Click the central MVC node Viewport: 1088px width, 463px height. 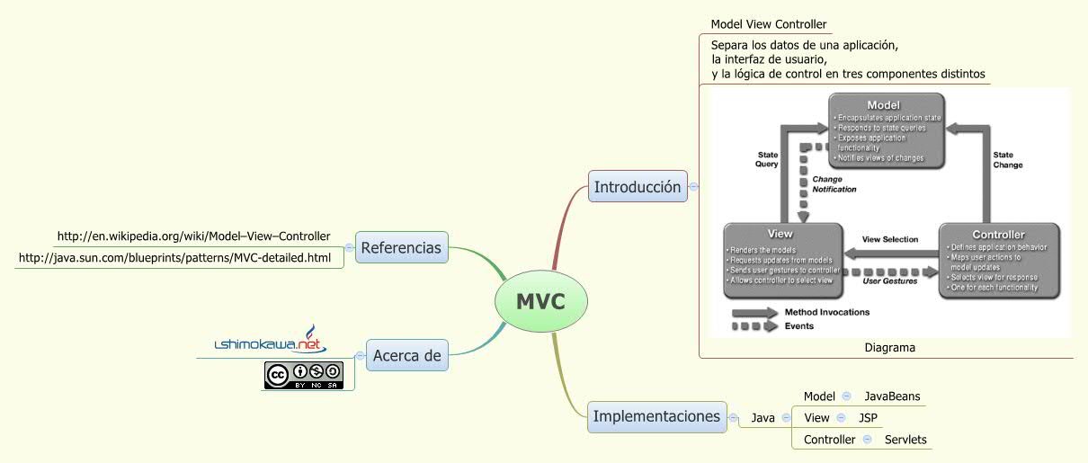[540, 302]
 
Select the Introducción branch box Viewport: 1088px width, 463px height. [637, 187]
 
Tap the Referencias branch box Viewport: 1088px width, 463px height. [401, 247]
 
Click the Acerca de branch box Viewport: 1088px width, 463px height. [407, 355]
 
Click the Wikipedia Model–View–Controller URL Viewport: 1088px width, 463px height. [193, 236]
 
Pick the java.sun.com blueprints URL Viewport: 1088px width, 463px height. [174, 258]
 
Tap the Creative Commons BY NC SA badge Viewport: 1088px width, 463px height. [304, 375]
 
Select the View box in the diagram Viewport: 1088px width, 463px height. [782, 259]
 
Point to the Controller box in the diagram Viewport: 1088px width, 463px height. [998, 261]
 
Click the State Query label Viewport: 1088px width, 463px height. [766, 159]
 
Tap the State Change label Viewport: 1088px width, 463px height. [1007, 160]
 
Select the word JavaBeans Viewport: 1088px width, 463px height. [892, 396]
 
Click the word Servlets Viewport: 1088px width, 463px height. [905, 440]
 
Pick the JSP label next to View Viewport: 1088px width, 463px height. [868, 418]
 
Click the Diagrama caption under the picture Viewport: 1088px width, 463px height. [889, 347]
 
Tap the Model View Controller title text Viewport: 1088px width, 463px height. [768, 24]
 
